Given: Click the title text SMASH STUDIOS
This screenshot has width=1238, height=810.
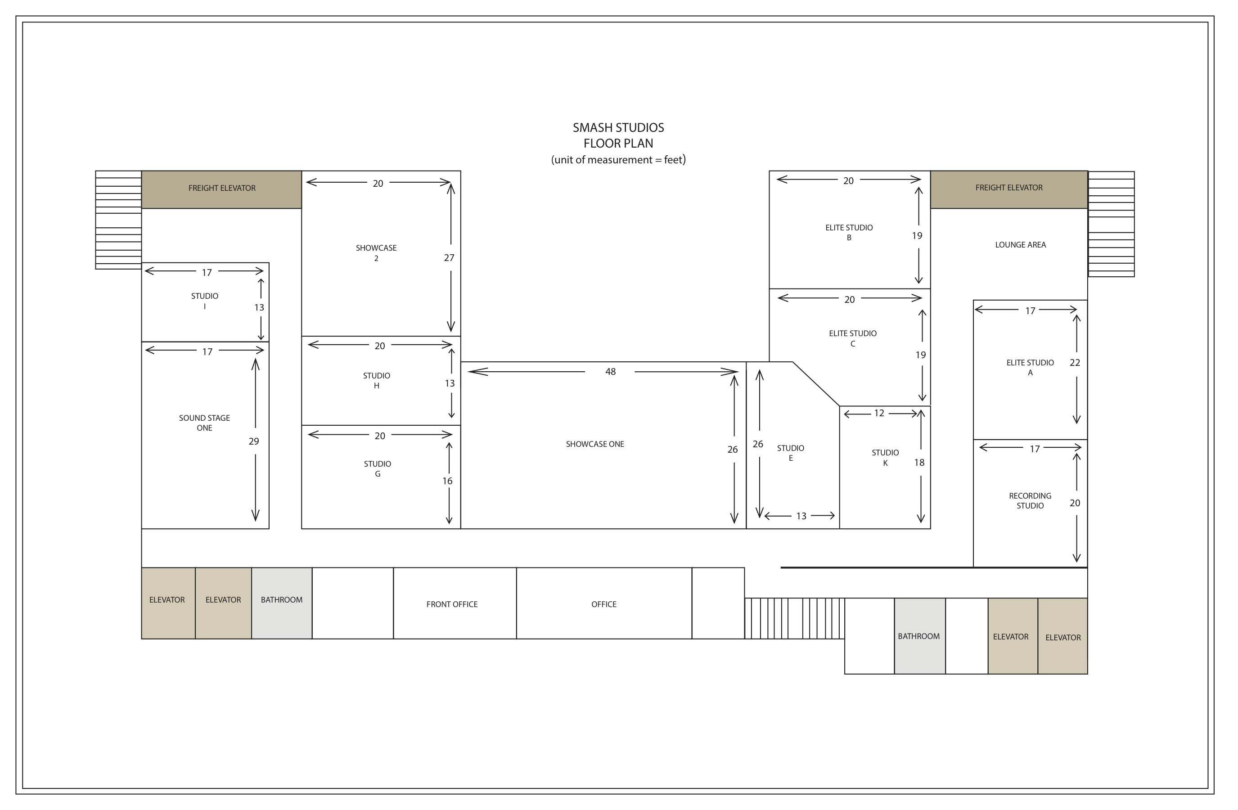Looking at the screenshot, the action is [618, 127].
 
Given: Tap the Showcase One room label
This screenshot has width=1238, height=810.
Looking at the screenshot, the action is [595, 444].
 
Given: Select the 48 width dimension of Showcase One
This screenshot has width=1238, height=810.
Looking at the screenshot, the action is [611, 371].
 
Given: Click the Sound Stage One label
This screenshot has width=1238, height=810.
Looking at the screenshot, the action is [204, 423].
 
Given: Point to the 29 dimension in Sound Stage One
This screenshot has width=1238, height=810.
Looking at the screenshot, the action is [254, 441].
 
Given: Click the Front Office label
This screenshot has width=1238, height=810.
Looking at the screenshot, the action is [452, 604].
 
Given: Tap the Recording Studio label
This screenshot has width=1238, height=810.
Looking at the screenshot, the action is [1031, 501].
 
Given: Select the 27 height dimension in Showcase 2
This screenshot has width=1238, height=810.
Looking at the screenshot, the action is [450, 257].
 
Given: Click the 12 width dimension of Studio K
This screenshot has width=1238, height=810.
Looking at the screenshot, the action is [879, 413].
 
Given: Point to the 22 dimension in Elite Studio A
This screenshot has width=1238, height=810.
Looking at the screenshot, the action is [1075, 363].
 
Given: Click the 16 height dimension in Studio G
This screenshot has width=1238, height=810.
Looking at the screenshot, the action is [447, 481].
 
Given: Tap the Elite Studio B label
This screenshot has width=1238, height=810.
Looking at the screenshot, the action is [849, 233].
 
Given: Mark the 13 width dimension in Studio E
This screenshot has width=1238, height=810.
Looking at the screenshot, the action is [801, 516].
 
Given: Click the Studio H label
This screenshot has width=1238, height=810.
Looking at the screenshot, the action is [377, 381].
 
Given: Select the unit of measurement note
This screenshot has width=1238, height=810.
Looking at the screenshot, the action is [618, 160].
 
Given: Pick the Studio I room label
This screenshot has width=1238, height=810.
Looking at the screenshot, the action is [204, 301].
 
